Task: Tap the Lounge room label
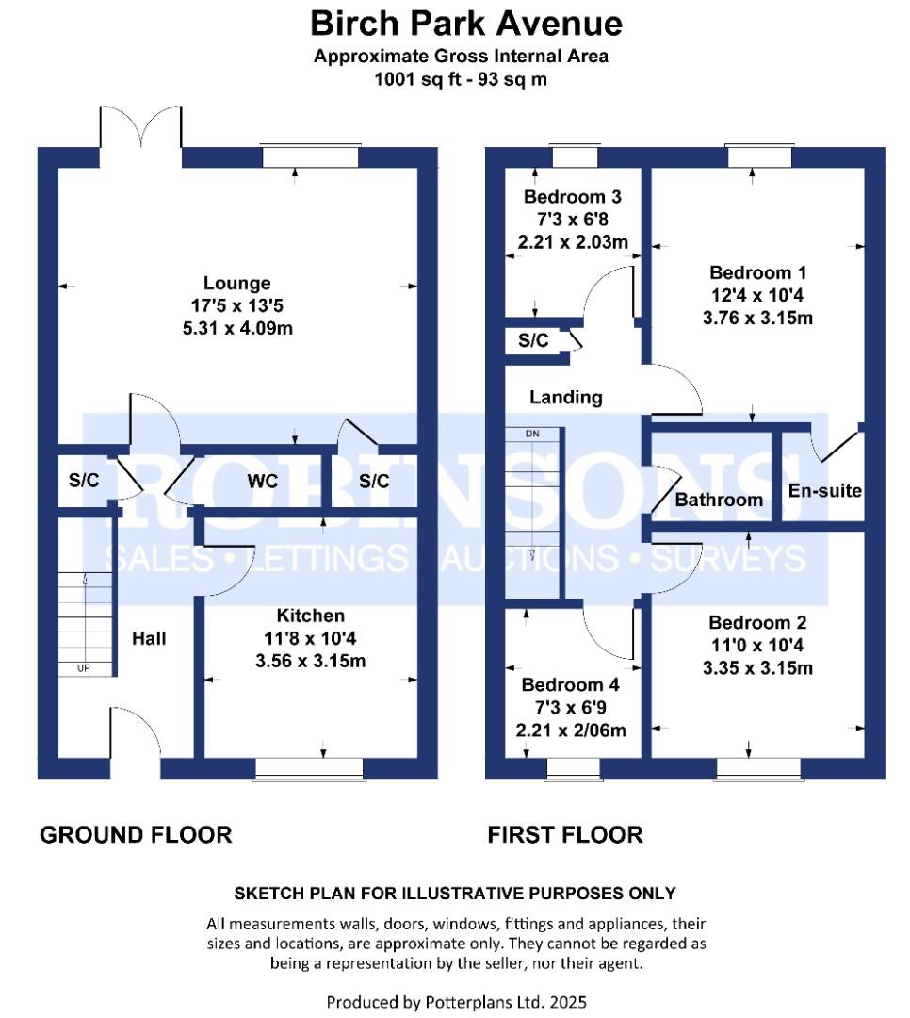click(237, 283)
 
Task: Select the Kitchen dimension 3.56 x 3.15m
click(310, 661)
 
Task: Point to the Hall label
click(149, 639)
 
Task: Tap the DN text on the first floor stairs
click(532, 435)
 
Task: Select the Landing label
click(565, 397)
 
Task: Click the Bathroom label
click(719, 500)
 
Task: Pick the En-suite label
click(825, 491)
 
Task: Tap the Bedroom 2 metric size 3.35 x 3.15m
click(757, 668)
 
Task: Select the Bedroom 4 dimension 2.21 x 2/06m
click(573, 730)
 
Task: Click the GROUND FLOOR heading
click(136, 834)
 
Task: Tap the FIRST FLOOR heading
click(565, 834)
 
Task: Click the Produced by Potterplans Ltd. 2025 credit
click(456, 1001)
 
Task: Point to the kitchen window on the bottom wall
click(309, 770)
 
